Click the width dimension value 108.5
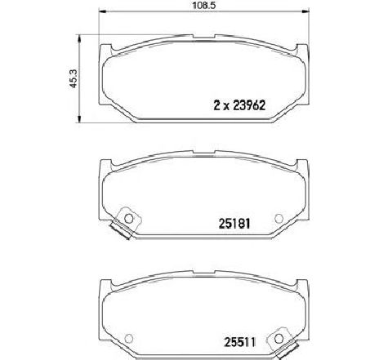204,6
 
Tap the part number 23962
249,105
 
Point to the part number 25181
234,224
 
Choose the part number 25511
239,342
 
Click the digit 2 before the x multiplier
217,105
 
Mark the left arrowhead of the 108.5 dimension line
101,11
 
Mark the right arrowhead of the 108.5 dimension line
306,11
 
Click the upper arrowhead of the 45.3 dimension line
79,38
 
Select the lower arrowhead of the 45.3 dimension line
79,119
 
